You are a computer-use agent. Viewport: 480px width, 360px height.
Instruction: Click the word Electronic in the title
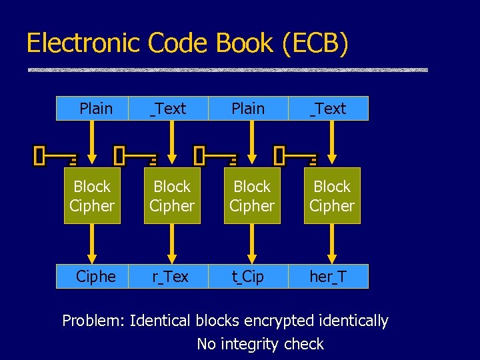click(x=83, y=43)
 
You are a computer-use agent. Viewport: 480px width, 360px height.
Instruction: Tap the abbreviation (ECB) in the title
click(x=315, y=43)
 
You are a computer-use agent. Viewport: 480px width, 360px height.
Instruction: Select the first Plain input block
click(x=95, y=109)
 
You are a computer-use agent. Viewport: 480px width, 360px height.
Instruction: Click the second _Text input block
click(x=328, y=109)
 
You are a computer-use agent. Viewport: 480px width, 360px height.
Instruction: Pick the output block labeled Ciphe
click(x=95, y=276)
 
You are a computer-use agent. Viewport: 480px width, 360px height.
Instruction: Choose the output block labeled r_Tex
click(x=171, y=276)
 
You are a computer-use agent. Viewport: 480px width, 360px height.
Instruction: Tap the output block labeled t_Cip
click(x=248, y=276)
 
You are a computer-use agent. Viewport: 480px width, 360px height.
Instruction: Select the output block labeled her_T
click(x=328, y=276)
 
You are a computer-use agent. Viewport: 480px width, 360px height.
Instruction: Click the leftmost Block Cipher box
click(x=92, y=196)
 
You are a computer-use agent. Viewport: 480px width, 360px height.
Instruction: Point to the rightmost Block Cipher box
click(x=332, y=196)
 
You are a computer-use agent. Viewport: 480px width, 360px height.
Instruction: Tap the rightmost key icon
click(x=296, y=157)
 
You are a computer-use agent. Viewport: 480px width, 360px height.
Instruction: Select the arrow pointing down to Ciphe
click(x=92, y=243)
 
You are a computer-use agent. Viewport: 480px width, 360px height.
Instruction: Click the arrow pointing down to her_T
click(x=332, y=243)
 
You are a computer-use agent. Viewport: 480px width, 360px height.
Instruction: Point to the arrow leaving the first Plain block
click(x=92, y=143)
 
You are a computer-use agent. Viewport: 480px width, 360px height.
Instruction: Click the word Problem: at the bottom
click(x=93, y=321)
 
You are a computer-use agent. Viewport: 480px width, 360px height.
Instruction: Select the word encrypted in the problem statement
click(x=278, y=321)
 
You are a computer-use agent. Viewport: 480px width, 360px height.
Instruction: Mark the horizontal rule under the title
click(x=227, y=70)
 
